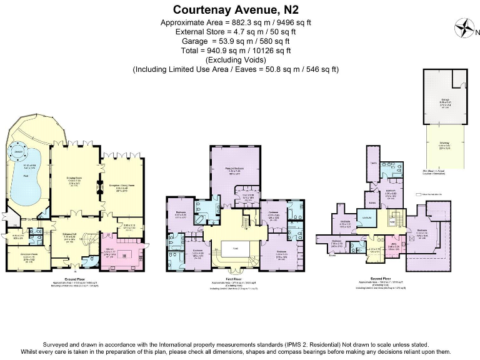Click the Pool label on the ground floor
[26, 174]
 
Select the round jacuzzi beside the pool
[18, 152]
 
